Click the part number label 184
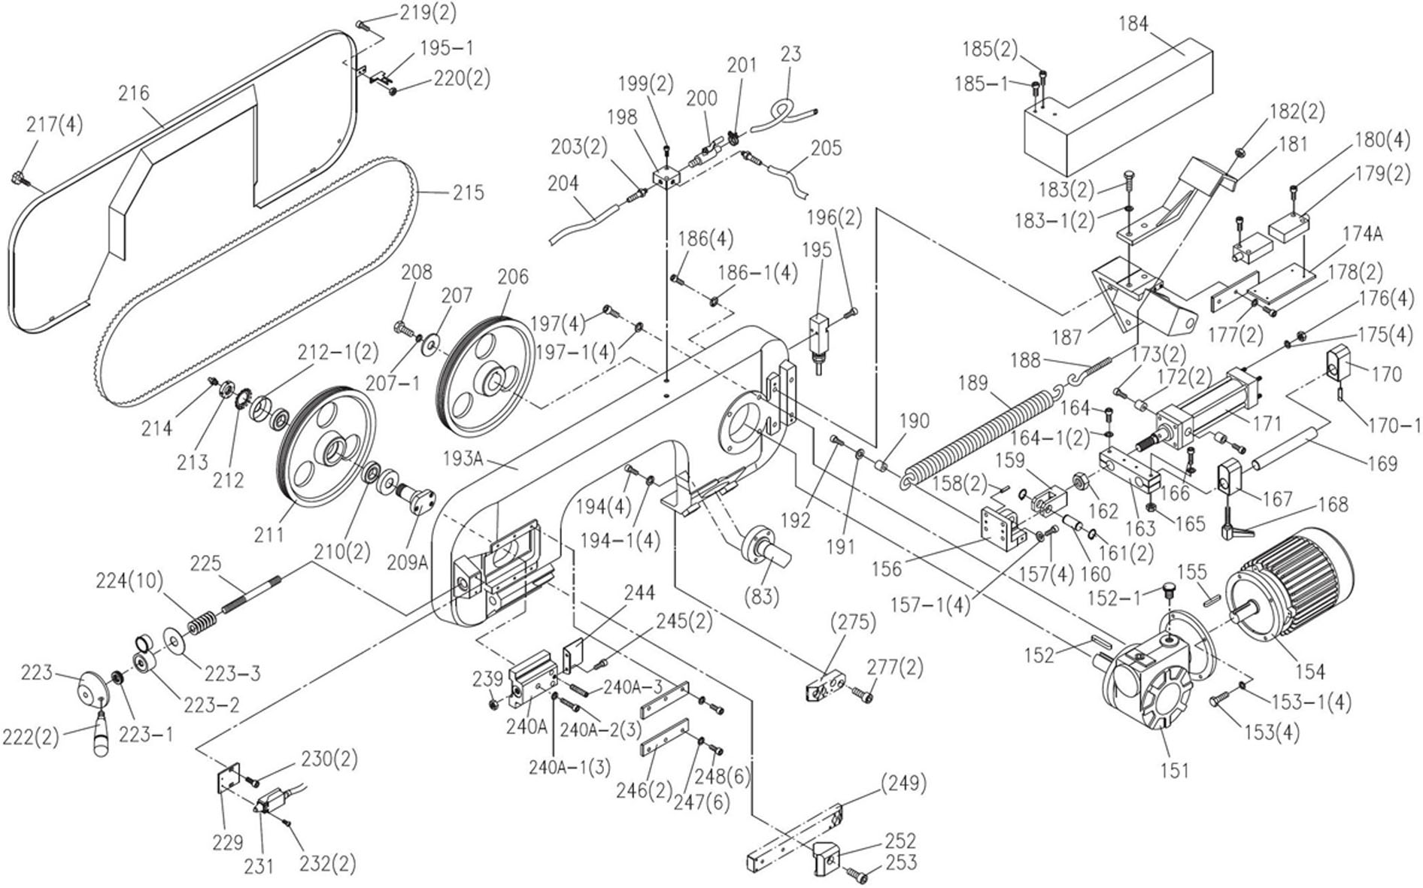click(x=1133, y=24)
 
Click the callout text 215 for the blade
click(x=468, y=192)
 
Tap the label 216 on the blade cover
click(x=134, y=93)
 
